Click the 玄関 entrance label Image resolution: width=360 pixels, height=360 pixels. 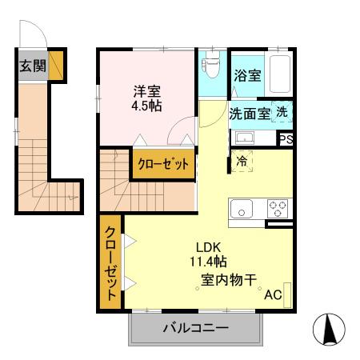point(33,66)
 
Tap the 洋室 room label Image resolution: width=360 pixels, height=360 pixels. point(146,90)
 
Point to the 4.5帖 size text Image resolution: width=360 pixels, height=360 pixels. point(146,106)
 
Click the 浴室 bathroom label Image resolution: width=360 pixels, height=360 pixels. point(246,76)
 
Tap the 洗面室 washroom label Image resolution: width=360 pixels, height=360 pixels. point(250,114)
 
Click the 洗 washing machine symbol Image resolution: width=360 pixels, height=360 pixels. point(282,113)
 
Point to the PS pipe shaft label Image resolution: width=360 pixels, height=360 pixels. point(286,139)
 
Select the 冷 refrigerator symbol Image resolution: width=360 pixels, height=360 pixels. point(242,161)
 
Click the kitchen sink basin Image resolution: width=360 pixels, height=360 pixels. point(242,210)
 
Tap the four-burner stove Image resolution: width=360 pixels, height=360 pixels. point(277,209)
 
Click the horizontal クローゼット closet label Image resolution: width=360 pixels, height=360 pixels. point(163,165)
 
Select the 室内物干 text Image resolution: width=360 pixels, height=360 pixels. point(228,280)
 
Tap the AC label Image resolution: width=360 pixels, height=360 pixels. point(273,294)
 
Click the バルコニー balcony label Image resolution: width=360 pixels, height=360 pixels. point(196,328)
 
